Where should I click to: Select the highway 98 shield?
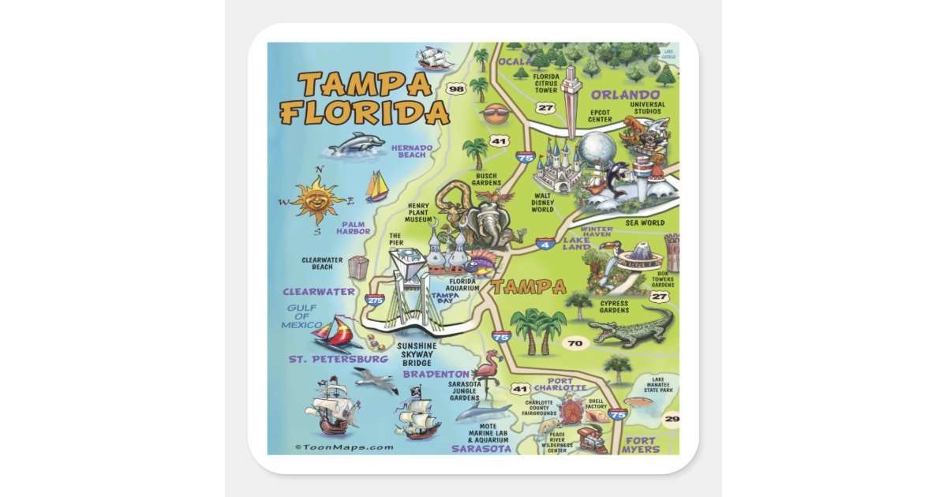(x=455, y=89)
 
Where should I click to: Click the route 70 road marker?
(x=575, y=343)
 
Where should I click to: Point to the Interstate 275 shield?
(x=375, y=301)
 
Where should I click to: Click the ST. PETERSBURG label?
(x=338, y=359)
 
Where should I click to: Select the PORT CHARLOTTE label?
(x=560, y=384)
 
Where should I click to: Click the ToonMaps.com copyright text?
(x=343, y=447)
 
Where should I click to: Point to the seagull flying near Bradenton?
(x=376, y=379)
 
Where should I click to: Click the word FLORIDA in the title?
(x=365, y=113)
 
